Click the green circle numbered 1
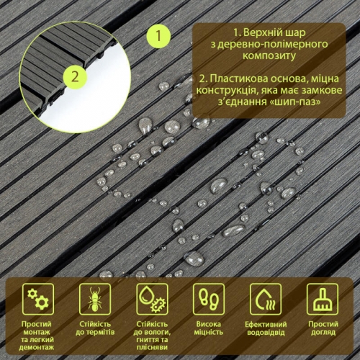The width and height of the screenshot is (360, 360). pos(158,36)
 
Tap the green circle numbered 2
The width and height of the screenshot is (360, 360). pos(75,77)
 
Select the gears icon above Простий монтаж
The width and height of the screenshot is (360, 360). pos(38,299)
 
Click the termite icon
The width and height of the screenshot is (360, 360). pos(95,299)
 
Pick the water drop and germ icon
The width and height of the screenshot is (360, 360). pos(152,299)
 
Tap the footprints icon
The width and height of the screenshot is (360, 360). pos(209,299)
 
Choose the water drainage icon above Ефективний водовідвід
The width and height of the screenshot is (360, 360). pos(266,299)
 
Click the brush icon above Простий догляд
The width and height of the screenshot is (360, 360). pos(323,299)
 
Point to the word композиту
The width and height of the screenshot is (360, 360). pos(269,56)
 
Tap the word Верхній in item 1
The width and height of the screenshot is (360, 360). pos(262,32)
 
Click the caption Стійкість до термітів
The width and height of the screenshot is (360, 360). pos(95,328)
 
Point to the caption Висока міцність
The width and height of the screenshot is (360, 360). pos(209,328)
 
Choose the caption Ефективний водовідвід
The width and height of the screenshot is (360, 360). pos(266,328)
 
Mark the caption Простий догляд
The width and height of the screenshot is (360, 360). pos(323,328)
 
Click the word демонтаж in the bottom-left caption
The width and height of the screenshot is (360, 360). pos(37,348)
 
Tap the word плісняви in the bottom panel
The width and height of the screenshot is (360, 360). pos(152,348)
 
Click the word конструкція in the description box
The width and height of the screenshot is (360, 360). pos(224,91)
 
